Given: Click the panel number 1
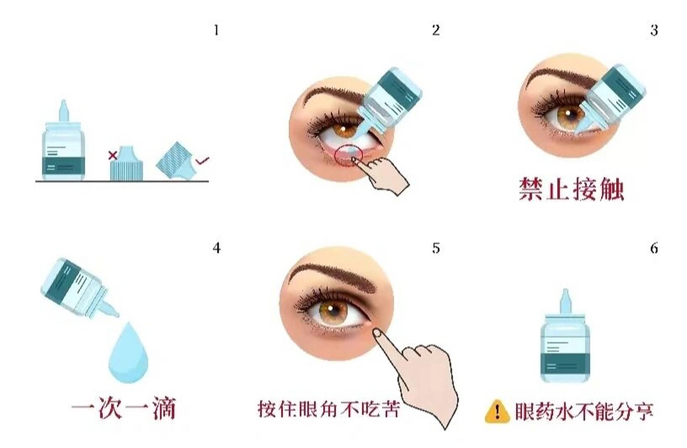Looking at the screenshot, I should click(216, 30).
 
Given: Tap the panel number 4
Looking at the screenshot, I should click(217, 248).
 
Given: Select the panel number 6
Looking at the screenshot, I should click(654, 248).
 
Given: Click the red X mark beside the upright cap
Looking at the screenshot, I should click(112, 155).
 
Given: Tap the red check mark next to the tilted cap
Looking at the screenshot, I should click(202, 161).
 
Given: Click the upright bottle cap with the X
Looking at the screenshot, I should click(127, 164).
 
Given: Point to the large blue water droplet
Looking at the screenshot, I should click(128, 353).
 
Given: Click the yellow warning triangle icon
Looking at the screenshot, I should click(497, 412).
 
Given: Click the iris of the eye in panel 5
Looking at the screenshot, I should click(333, 309).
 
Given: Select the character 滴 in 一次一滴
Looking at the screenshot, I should click(164, 408).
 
